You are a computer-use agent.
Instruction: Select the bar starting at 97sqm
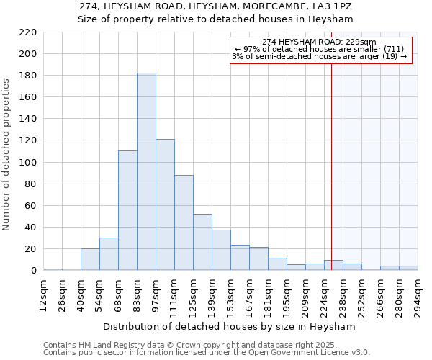165,204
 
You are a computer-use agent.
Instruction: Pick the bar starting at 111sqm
184,222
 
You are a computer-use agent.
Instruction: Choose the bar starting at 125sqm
202,242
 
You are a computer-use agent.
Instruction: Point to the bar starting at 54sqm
109,254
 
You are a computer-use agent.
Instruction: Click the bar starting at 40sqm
90,259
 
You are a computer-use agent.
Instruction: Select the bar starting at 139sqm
221,250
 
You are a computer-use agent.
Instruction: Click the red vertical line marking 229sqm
331,158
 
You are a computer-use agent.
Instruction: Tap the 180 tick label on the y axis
28,76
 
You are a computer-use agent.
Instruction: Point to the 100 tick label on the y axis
28,162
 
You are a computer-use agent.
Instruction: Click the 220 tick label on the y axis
28,32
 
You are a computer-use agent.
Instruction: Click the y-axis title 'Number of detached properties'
7,155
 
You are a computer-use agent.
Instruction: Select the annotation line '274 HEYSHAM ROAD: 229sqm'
320,42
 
